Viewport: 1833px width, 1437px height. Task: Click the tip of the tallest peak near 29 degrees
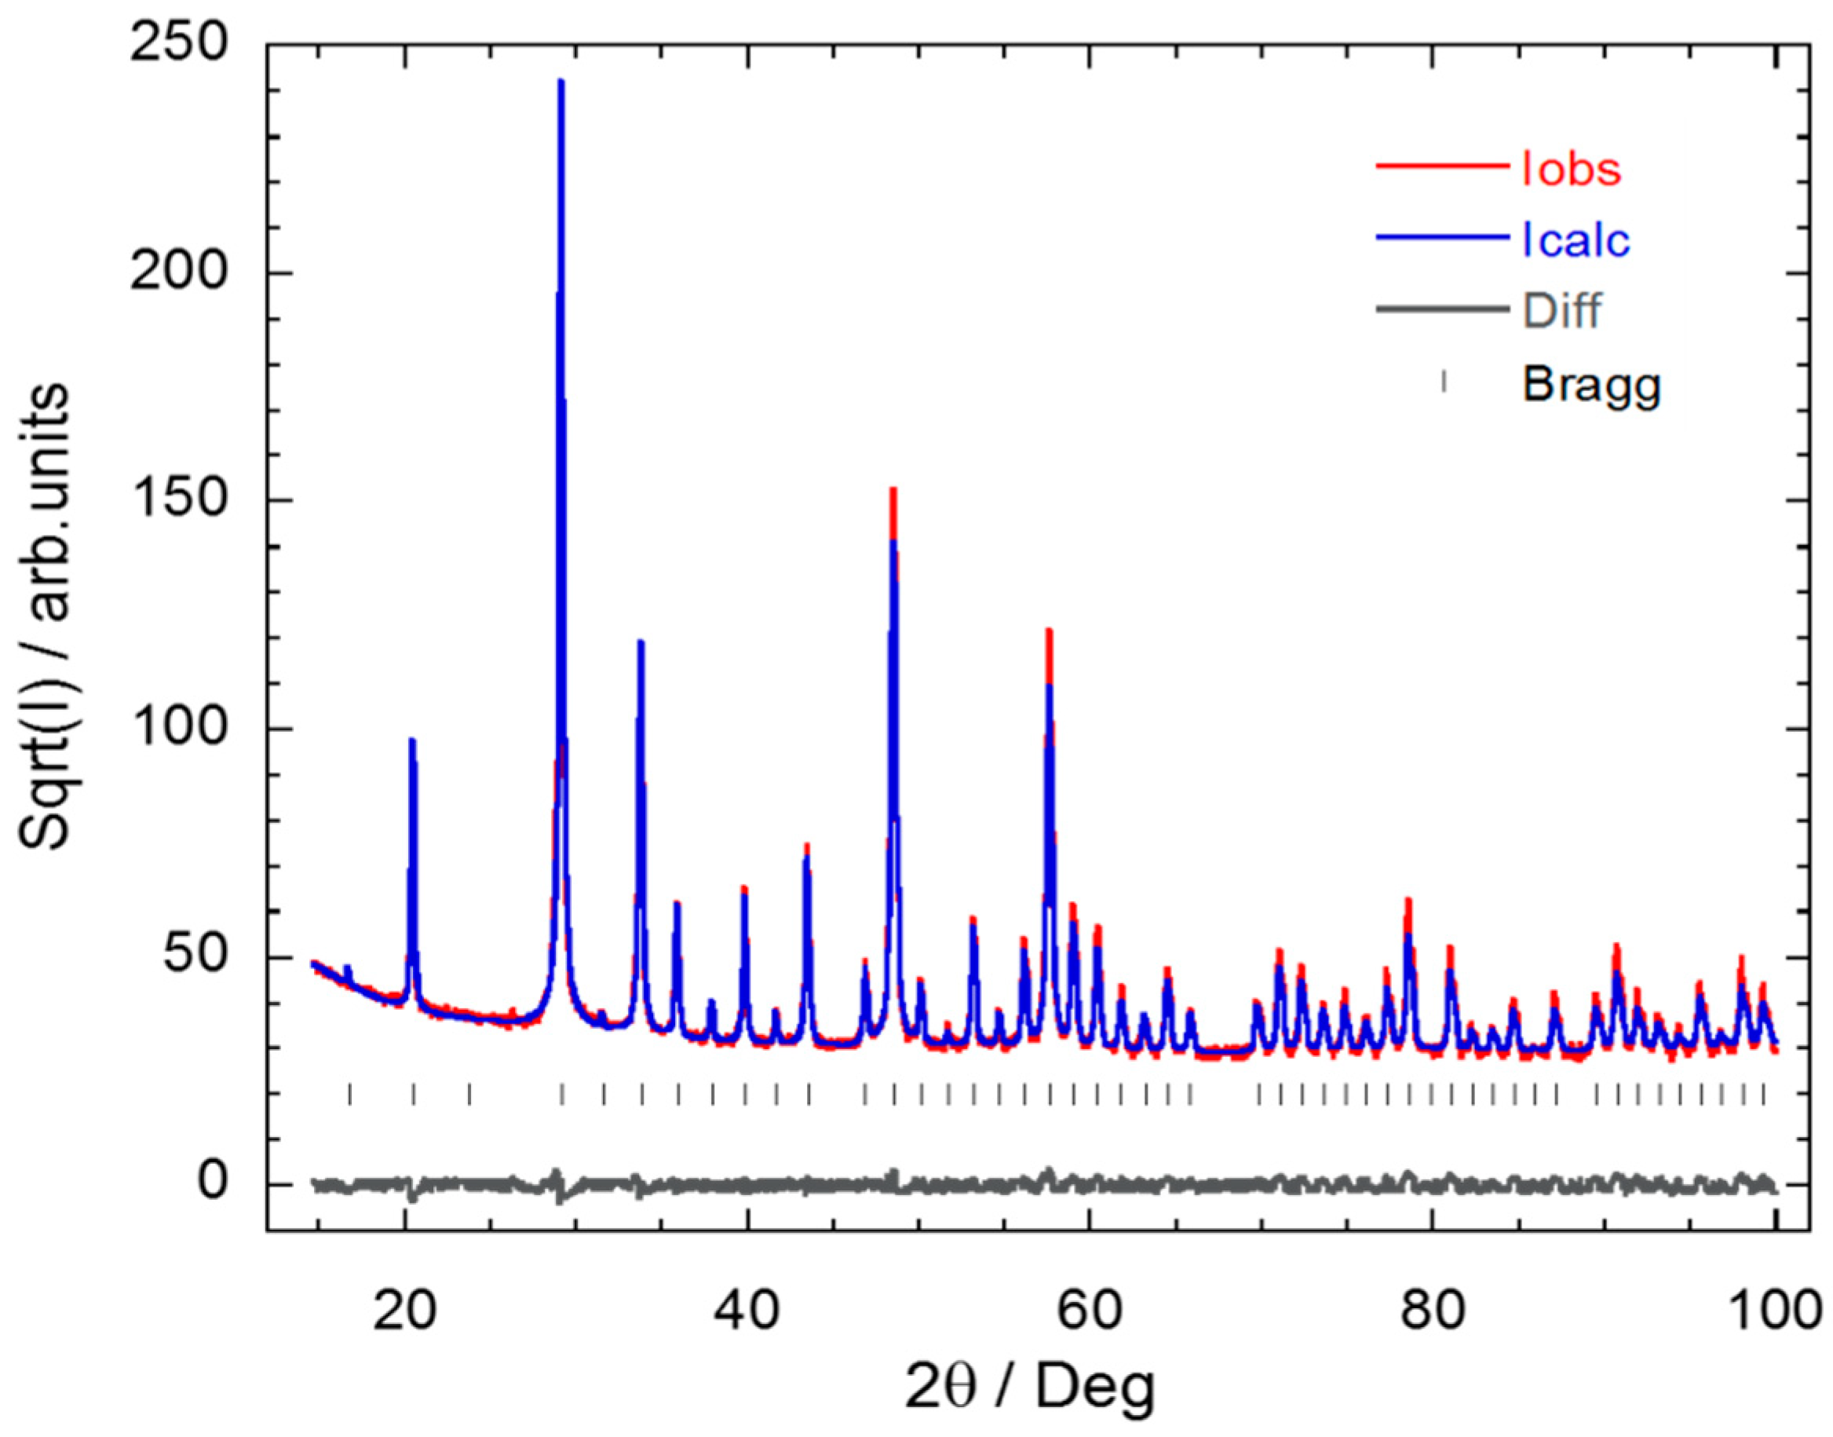561,82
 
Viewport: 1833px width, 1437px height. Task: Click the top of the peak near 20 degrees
412,740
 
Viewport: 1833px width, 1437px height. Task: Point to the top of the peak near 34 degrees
640,642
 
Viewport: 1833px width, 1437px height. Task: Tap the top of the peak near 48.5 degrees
893,490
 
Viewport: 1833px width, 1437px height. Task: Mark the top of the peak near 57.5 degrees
1049,631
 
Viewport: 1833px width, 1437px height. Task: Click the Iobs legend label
1572,168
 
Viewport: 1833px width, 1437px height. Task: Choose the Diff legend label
1562,311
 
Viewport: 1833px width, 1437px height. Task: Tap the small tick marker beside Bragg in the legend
1444,382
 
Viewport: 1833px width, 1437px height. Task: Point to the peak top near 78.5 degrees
1408,900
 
